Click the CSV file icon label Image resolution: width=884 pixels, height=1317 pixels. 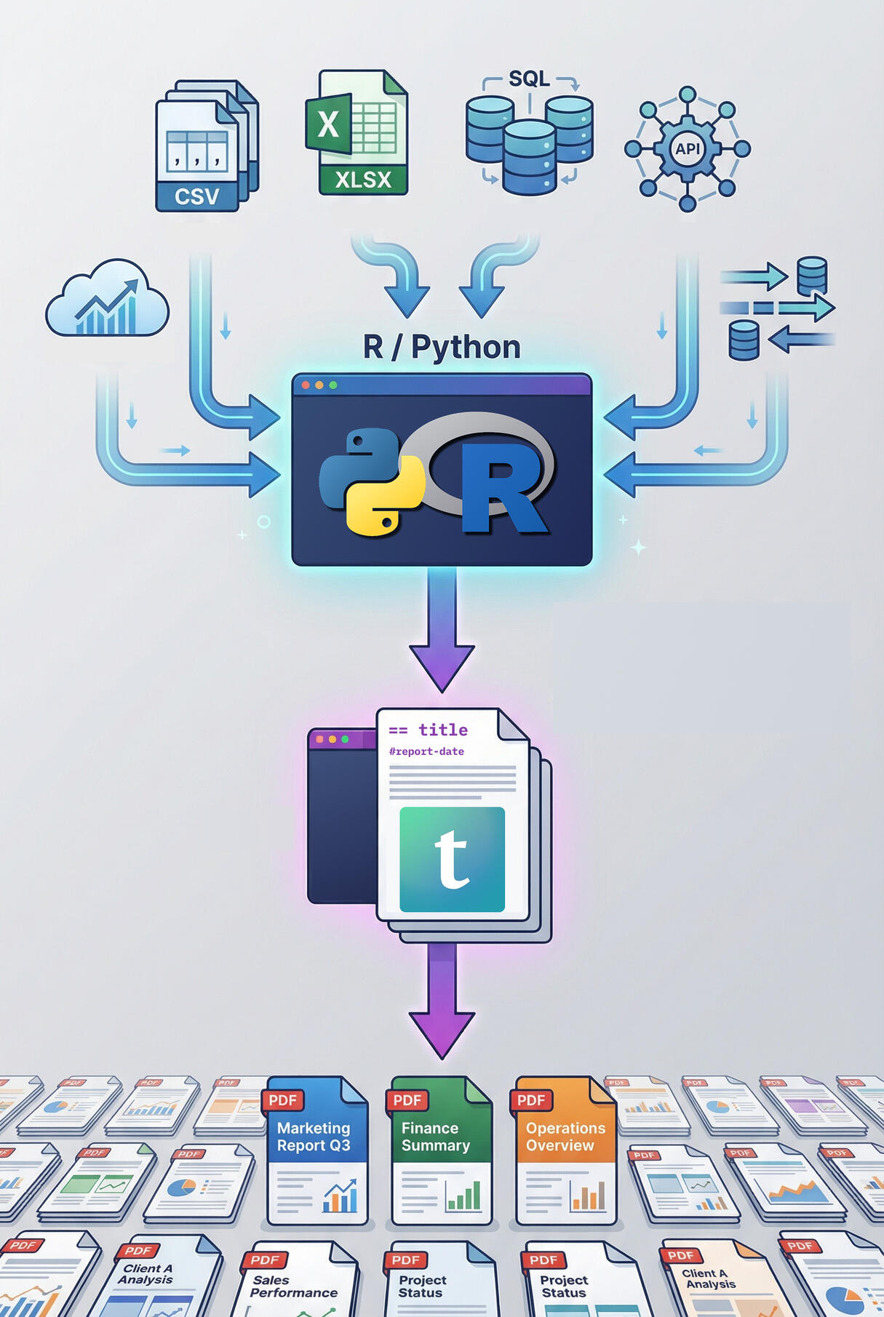pyautogui.click(x=196, y=196)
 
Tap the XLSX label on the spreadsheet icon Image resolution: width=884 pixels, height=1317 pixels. pyautogui.click(x=363, y=179)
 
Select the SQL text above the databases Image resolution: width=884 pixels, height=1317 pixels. pyautogui.click(x=529, y=79)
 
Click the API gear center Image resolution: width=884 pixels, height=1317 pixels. pyautogui.click(x=688, y=149)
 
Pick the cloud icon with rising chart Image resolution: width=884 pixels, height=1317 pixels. pyautogui.click(x=108, y=300)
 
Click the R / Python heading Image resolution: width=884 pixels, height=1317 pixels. pyautogui.click(x=442, y=347)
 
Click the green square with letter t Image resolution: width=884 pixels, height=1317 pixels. pyautogui.click(x=452, y=859)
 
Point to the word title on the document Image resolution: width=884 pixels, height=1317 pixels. pyautogui.click(x=442, y=729)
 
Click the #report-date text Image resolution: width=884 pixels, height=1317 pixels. pyautogui.click(x=426, y=751)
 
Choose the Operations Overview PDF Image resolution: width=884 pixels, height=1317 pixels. pyautogui.click(x=565, y=1150)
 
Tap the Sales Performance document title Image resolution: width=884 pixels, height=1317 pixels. pyautogui.click(x=293, y=1286)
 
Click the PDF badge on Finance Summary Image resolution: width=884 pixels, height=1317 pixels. pyautogui.click(x=407, y=1100)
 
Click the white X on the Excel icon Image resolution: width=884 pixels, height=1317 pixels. pyautogui.click(x=328, y=124)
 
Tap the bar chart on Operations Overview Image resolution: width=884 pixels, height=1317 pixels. pyautogui.click(x=588, y=1195)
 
